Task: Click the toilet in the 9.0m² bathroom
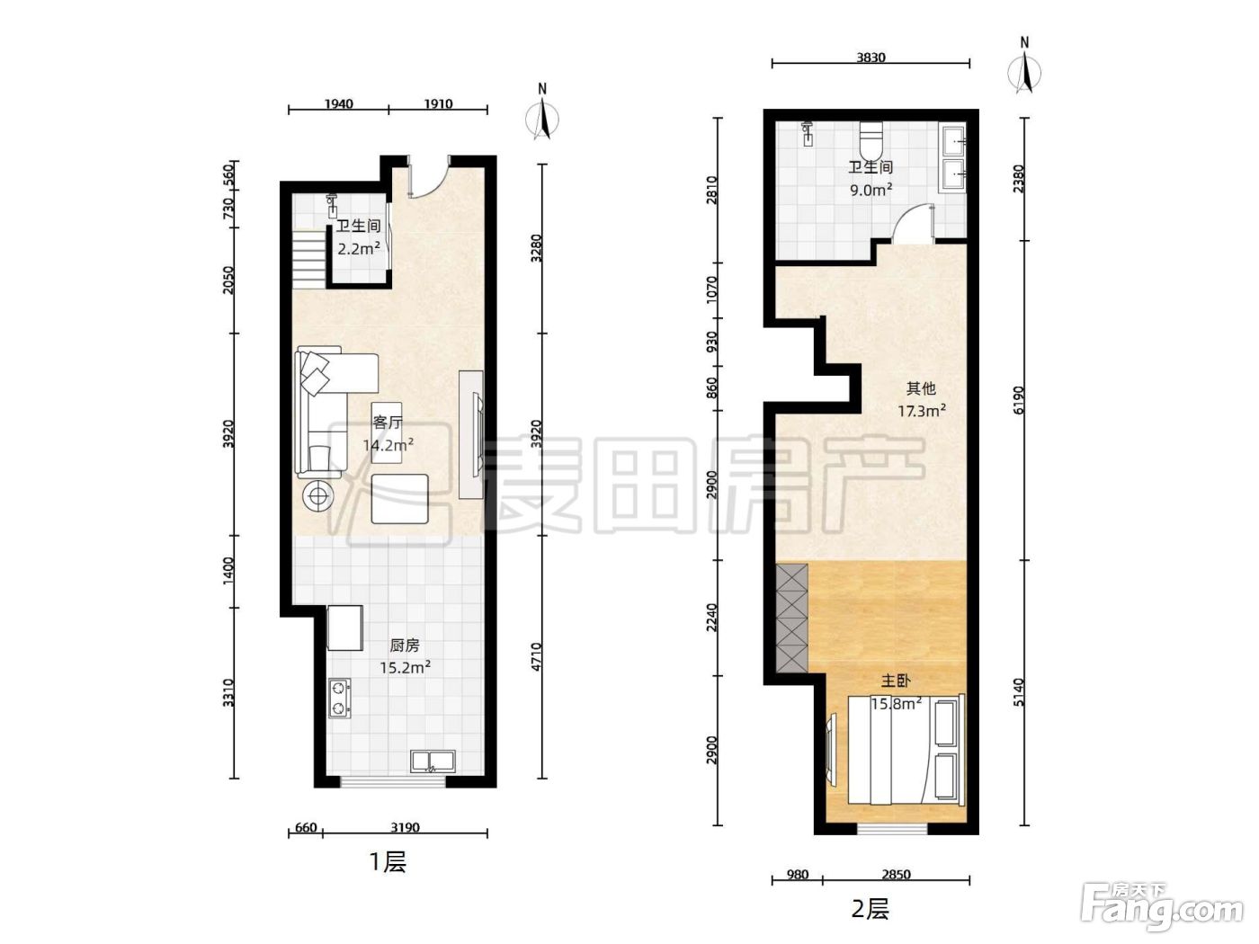pos(871,139)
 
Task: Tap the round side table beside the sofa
pos(318,495)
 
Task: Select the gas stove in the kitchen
pos(340,699)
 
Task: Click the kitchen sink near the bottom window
pos(433,761)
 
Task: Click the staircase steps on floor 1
pos(310,258)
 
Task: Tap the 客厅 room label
pos(388,423)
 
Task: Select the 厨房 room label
pos(405,646)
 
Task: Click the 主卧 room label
pos(896,681)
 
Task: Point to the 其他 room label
pos(921,388)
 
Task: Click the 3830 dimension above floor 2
pos(871,58)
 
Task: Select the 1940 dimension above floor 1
pos(338,103)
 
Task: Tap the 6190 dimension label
pos(1019,399)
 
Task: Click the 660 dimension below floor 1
pos(306,828)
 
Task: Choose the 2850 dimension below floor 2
pos(896,875)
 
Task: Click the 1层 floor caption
pos(388,861)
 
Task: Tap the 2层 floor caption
pos(871,909)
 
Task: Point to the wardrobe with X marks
pos(791,618)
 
